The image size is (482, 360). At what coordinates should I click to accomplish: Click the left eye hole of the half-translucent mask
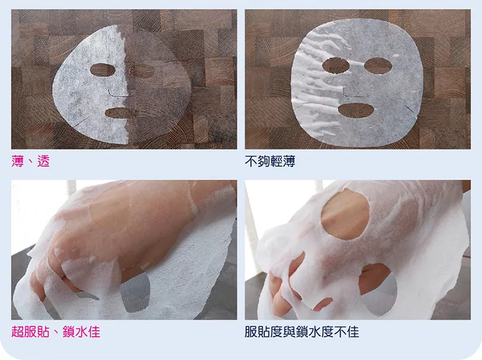point(102,70)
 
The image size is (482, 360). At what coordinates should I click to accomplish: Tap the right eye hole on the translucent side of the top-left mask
point(142,70)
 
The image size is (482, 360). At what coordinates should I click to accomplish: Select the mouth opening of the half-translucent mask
point(120,113)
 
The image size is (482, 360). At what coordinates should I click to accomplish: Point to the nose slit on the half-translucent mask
point(118,92)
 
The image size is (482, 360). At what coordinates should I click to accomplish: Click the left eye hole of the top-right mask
point(336,65)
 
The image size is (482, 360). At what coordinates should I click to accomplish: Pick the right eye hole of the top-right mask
point(378,66)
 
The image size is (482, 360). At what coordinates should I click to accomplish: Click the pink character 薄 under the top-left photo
point(17,161)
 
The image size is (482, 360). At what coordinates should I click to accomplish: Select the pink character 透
point(43,161)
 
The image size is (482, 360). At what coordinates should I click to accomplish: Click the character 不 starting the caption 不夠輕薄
point(251,161)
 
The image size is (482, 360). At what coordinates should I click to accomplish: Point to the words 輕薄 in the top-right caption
point(283,161)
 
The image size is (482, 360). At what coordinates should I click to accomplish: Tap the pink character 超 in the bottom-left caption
point(17,332)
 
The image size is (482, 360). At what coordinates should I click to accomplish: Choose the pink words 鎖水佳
point(81,332)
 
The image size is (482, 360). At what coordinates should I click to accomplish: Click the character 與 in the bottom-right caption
point(289,332)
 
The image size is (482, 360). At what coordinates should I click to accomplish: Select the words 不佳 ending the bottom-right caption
point(346,332)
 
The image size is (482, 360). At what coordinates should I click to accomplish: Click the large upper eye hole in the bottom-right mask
point(345,215)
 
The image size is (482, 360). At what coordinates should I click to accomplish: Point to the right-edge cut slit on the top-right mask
point(411,109)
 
